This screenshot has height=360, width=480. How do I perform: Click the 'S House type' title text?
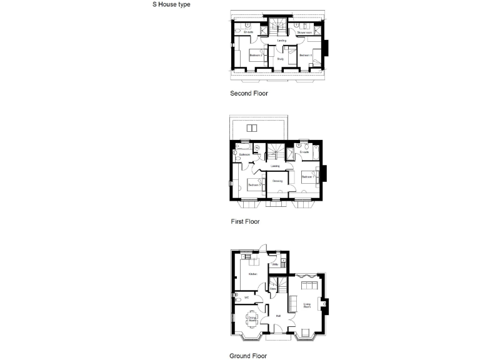[x=171, y=4]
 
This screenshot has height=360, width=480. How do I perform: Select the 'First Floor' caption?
[x=245, y=221]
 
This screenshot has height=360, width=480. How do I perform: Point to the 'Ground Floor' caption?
[x=249, y=356]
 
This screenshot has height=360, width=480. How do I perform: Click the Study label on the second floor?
[x=281, y=59]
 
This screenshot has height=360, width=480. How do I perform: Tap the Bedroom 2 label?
[x=255, y=56]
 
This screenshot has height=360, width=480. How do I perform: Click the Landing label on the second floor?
[x=282, y=41]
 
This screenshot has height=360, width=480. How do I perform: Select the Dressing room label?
[x=277, y=181]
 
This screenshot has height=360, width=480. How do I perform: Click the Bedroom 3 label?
[x=254, y=185]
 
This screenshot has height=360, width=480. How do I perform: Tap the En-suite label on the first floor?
[x=304, y=152]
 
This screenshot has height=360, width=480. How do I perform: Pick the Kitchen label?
[x=253, y=274]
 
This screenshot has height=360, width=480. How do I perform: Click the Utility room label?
[x=275, y=264]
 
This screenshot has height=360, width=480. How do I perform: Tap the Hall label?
[x=277, y=316]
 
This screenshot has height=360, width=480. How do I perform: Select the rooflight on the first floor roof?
[x=252, y=129]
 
